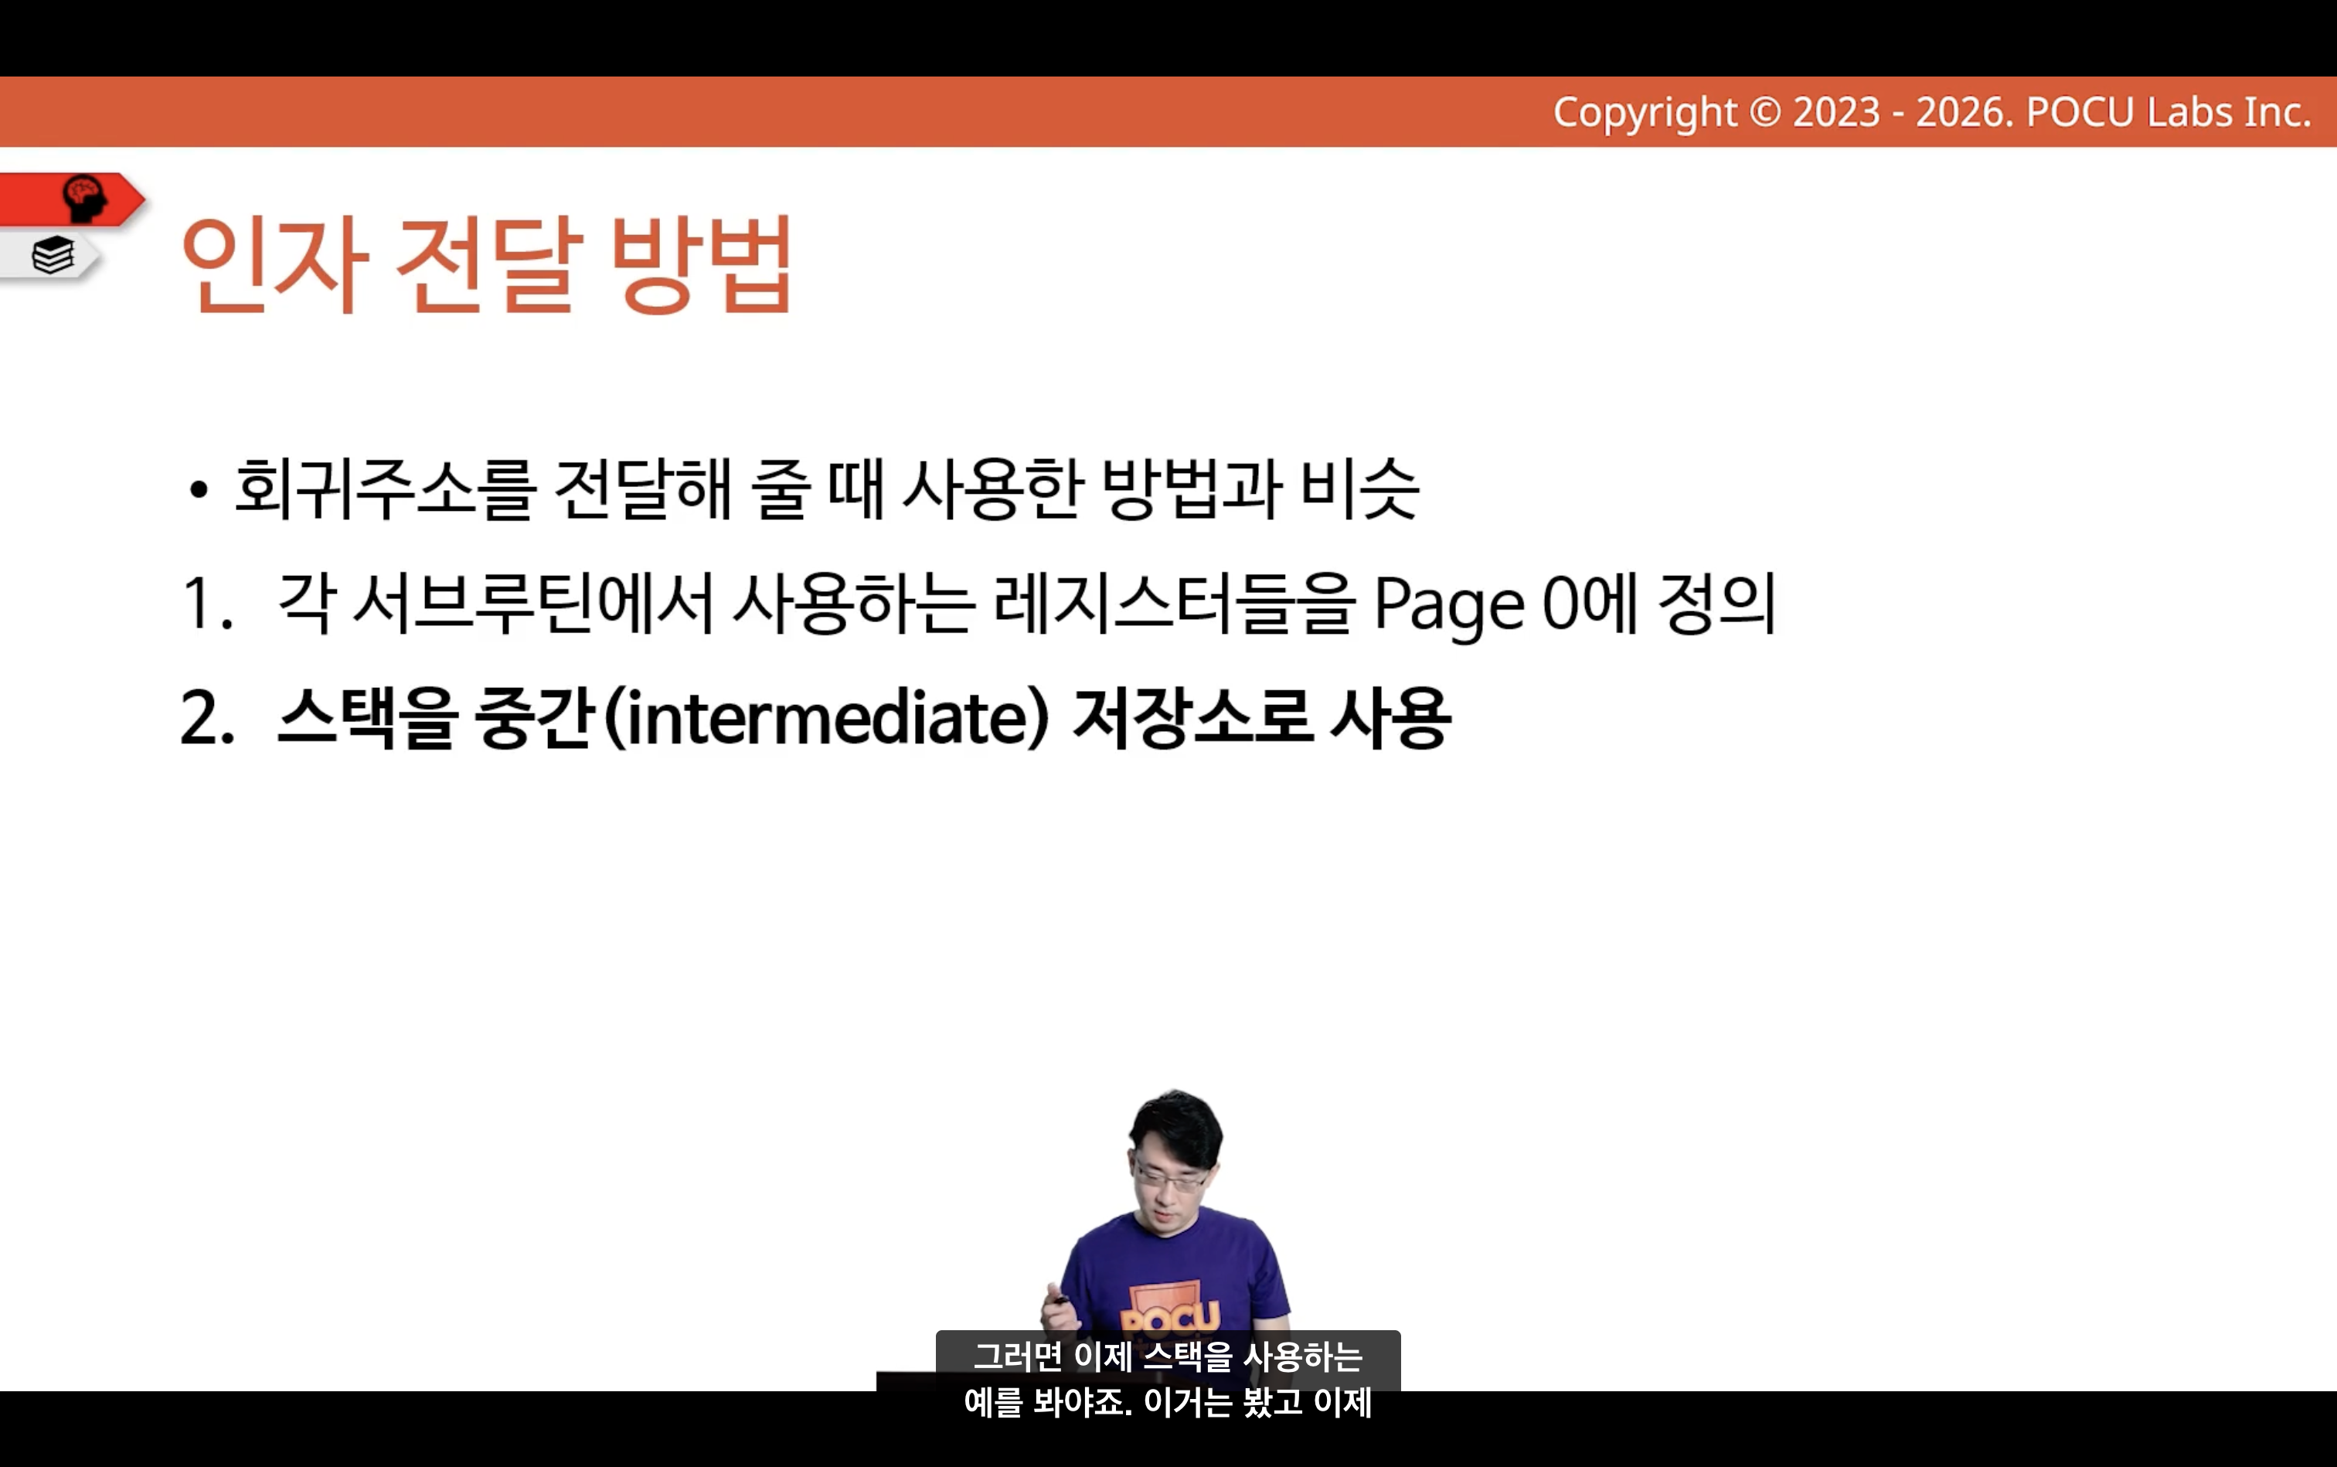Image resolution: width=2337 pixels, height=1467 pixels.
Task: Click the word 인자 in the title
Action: click(274, 264)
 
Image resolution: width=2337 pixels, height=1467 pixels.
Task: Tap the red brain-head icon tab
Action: click(73, 199)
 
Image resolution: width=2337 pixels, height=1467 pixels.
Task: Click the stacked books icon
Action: click(53, 256)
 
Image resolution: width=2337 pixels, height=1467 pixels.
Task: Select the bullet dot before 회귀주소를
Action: click(199, 490)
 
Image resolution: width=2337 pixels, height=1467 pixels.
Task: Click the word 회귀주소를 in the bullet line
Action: click(385, 488)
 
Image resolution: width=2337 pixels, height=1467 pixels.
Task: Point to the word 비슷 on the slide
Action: click(1359, 488)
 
